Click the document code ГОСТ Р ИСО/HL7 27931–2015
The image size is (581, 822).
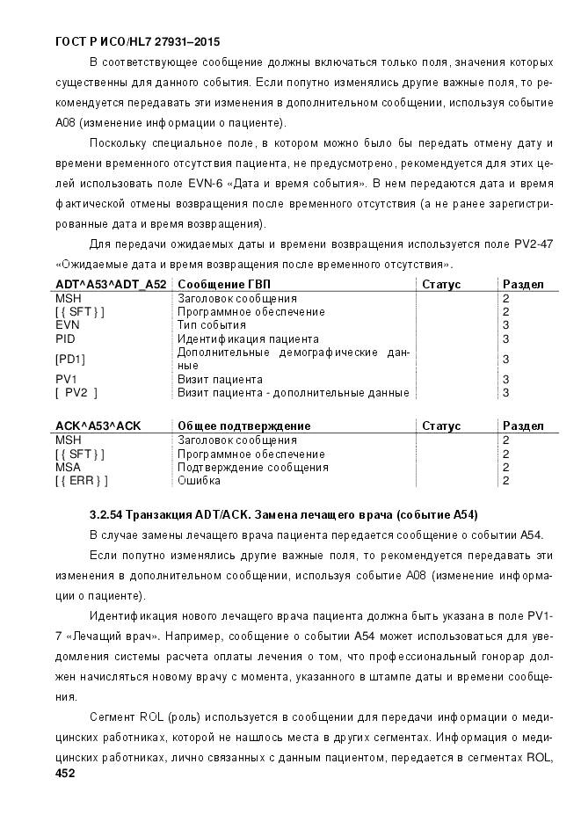137,41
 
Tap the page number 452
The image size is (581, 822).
65,773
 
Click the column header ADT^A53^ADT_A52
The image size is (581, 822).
111,285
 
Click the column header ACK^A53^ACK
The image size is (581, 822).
98,426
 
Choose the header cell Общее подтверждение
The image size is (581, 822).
243,426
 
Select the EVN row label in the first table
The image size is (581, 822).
68,325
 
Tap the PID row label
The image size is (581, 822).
66,338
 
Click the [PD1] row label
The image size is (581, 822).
70,359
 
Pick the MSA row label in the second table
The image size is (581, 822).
69,468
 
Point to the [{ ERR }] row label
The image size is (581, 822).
81,481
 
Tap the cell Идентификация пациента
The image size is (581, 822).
248,338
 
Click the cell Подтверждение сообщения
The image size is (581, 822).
253,468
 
